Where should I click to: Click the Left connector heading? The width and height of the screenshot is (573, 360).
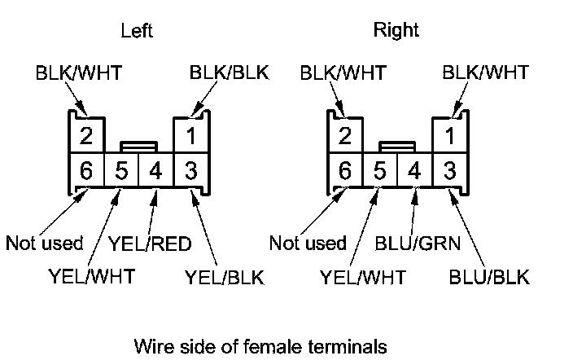(x=137, y=32)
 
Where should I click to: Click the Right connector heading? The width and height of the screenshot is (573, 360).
(x=396, y=32)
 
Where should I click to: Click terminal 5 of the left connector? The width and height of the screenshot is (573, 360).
(x=121, y=171)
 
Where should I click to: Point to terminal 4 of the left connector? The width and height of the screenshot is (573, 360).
(x=156, y=171)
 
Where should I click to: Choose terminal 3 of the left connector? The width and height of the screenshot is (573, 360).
(x=190, y=171)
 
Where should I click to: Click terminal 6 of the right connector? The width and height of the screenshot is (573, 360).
(x=345, y=171)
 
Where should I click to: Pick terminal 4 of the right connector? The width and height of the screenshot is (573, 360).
(x=415, y=171)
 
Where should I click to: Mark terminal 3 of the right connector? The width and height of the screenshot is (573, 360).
(x=449, y=171)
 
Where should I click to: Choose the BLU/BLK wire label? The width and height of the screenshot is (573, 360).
(x=489, y=278)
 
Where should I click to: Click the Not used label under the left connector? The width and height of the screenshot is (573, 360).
(x=45, y=243)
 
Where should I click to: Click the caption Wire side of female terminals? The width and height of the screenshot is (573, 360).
(x=260, y=345)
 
